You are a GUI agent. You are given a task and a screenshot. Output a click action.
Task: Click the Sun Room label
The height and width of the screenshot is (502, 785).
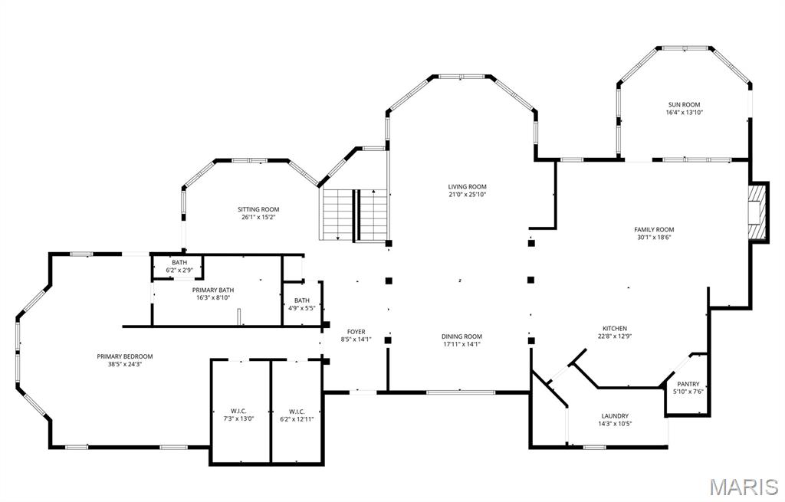(684, 104)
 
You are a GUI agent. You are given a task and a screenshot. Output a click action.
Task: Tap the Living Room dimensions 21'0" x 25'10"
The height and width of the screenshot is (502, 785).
(467, 195)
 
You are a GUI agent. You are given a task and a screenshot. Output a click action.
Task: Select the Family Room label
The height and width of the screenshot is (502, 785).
(654, 230)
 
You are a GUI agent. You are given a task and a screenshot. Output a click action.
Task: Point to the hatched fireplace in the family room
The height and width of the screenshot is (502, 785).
(758, 213)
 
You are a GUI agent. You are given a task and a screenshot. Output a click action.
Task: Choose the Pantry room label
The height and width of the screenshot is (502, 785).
(688, 384)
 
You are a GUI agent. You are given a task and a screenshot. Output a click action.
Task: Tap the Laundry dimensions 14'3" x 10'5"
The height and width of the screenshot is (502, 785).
(615, 424)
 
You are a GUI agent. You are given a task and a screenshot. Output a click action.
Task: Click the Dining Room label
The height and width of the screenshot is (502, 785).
(461, 336)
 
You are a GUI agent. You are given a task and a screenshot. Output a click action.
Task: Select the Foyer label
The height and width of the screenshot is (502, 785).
(356, 331)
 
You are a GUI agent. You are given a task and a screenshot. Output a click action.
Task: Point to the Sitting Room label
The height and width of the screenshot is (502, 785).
(258, 209)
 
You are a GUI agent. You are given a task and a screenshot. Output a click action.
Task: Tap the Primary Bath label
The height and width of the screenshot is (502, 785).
(213, 290)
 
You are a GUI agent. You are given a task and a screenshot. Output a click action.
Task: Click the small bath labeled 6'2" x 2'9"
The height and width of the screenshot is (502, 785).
(179, 267)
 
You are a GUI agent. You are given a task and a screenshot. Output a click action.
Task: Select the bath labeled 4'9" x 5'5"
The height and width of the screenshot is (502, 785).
(302, 303)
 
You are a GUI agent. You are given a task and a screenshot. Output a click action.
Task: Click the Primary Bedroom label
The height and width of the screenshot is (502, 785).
(125, 356)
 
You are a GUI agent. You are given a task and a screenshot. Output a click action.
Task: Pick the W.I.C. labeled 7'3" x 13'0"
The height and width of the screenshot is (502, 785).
(239, 415)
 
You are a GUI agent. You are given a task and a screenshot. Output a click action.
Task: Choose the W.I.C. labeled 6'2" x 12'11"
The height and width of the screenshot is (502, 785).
(297, 415)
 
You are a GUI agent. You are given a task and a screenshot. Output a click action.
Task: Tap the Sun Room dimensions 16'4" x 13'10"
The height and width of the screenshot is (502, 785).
(684, 113)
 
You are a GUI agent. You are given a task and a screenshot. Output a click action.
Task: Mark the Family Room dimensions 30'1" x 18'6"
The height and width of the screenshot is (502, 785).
(654, 238)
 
